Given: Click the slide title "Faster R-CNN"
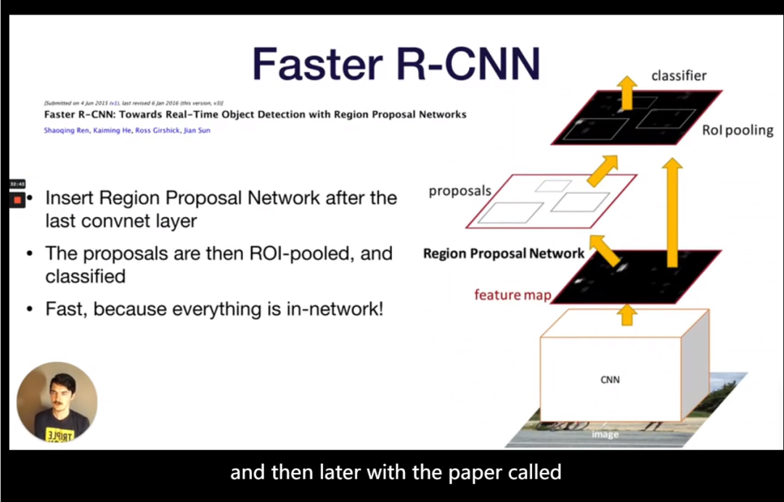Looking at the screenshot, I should pos(396,64).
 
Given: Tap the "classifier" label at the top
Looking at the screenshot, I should pos(679,75).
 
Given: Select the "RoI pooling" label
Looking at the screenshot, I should pos(737,131).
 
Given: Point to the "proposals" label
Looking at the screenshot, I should pos(460,192).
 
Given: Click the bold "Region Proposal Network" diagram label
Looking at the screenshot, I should pos(504,254).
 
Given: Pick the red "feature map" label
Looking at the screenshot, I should pos(513,295).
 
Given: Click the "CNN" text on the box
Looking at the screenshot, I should pos(610,379).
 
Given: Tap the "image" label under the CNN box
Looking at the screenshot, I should pos(605,434).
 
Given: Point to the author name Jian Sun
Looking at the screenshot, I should pos(197,131).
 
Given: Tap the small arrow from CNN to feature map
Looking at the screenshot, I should pos(629,314).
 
